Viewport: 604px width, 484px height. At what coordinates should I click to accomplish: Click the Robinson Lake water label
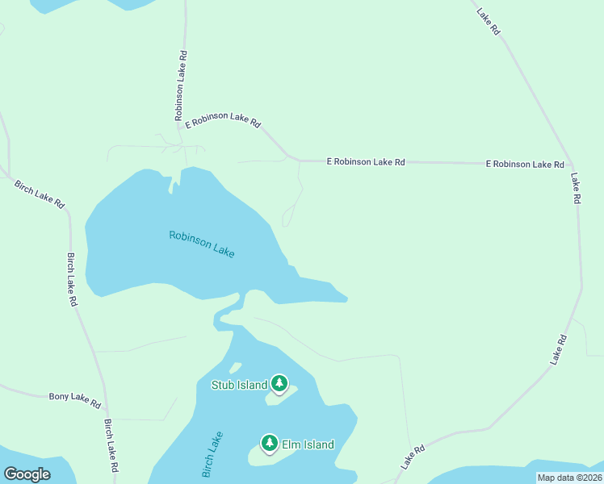202,244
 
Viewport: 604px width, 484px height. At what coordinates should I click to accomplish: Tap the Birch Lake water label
213,455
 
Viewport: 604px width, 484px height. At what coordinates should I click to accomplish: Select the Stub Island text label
239,385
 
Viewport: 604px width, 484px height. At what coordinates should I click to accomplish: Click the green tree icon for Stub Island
279,383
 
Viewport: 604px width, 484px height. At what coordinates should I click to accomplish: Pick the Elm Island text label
308,444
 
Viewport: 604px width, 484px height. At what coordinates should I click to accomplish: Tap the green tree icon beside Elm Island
270,443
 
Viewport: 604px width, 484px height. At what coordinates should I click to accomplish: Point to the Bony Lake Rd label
74,398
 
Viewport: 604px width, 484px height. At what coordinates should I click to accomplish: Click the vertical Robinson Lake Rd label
181,86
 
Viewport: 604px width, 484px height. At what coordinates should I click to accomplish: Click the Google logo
27,474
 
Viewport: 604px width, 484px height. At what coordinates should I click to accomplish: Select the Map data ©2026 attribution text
569,478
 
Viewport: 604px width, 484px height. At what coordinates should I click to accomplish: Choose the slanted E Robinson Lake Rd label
223,121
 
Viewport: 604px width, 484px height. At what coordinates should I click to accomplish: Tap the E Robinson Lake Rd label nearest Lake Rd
525,164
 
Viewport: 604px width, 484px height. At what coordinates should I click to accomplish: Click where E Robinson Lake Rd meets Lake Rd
571,165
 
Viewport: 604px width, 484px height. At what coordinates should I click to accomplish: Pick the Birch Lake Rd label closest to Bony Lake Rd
112,445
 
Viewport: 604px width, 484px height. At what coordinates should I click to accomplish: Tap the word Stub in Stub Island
223,385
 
